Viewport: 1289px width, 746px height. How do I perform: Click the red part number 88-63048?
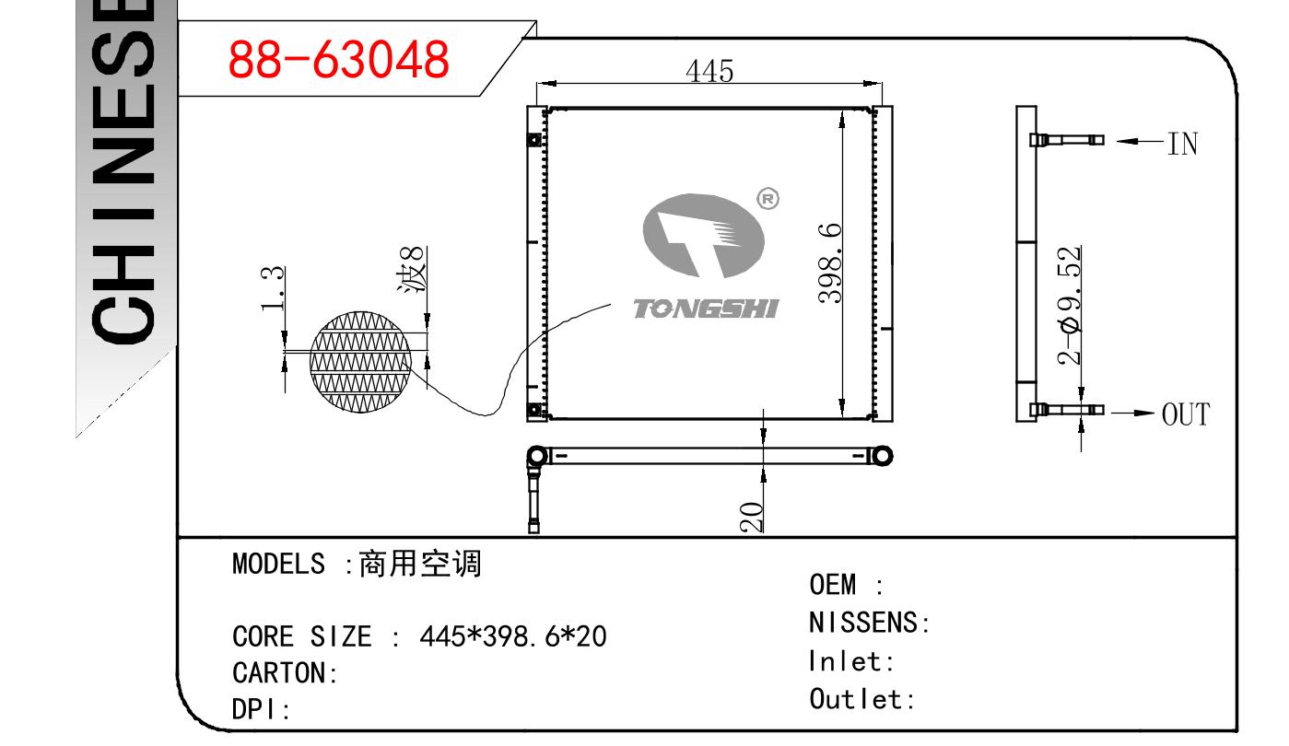click(x=338, y=59)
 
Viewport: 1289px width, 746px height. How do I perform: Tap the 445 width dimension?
click(x=709, y=71)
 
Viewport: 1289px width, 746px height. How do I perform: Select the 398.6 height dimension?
click(x=829, y=263)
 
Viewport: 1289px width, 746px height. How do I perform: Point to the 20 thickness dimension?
click(x=751, y=517)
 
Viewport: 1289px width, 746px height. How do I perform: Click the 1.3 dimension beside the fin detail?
click(x=272, y=289)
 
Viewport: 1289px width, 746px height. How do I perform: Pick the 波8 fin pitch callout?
click(x=413, y=269)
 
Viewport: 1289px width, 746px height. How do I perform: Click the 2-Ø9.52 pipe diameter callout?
click(x=1069, y=306)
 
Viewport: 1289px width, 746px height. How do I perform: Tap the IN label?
click(x=1182, y=144)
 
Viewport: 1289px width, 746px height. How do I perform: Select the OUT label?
click(x=1186, y=414)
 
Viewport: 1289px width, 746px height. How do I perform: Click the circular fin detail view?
click(x=360, y=362)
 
